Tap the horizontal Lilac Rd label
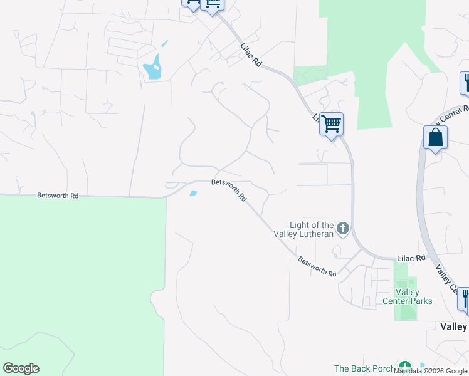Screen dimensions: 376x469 pos(411,258)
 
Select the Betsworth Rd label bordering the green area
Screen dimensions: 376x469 pos(57,196)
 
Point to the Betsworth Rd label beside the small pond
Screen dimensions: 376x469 pos(229,190)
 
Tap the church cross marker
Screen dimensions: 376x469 pos(342,228)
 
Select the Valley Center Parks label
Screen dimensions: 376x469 pos(407,296)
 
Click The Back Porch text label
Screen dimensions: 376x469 pos(364,368)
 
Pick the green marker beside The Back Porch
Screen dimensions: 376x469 pos(405,367)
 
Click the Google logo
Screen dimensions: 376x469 pos(21,368)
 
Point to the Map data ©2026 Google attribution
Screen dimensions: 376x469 pos(431,372)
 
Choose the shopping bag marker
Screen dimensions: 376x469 pos(435,138)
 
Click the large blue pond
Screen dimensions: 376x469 pos(154,68)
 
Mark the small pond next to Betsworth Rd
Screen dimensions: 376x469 pos(192,193)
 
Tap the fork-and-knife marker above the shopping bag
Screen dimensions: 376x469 pos(465,83)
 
